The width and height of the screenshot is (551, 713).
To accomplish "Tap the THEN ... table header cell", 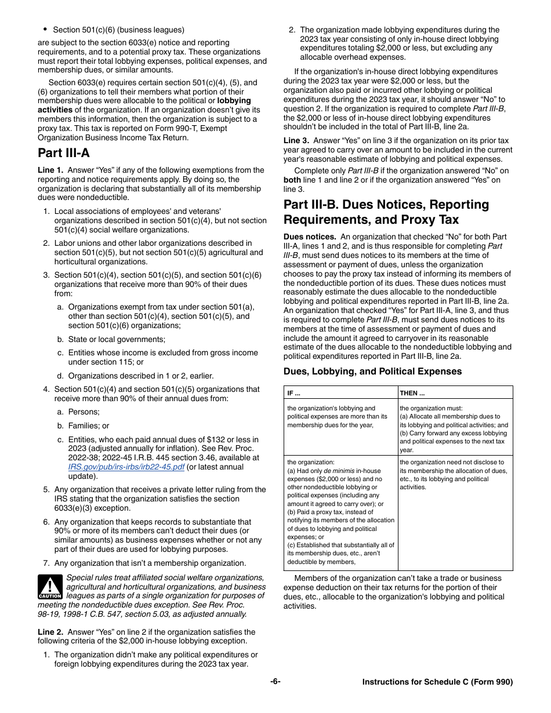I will (x=412, y=393).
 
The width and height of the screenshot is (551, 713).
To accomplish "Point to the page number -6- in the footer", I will (x=275, y=682).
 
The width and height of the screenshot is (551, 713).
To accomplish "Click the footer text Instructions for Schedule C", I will (x=437, y=682).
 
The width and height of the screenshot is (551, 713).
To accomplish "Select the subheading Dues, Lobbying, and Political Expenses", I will (x=372, y=372).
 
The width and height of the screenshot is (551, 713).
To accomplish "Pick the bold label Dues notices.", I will (x=309, y=237).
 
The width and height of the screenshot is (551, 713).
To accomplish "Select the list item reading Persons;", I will (x=84, y=412).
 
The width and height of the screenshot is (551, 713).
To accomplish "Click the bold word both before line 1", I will (x=292, y=180).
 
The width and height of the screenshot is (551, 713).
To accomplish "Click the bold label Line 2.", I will (x=50, y=632).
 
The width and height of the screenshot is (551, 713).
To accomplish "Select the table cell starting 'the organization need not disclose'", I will (x=454, y=475).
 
